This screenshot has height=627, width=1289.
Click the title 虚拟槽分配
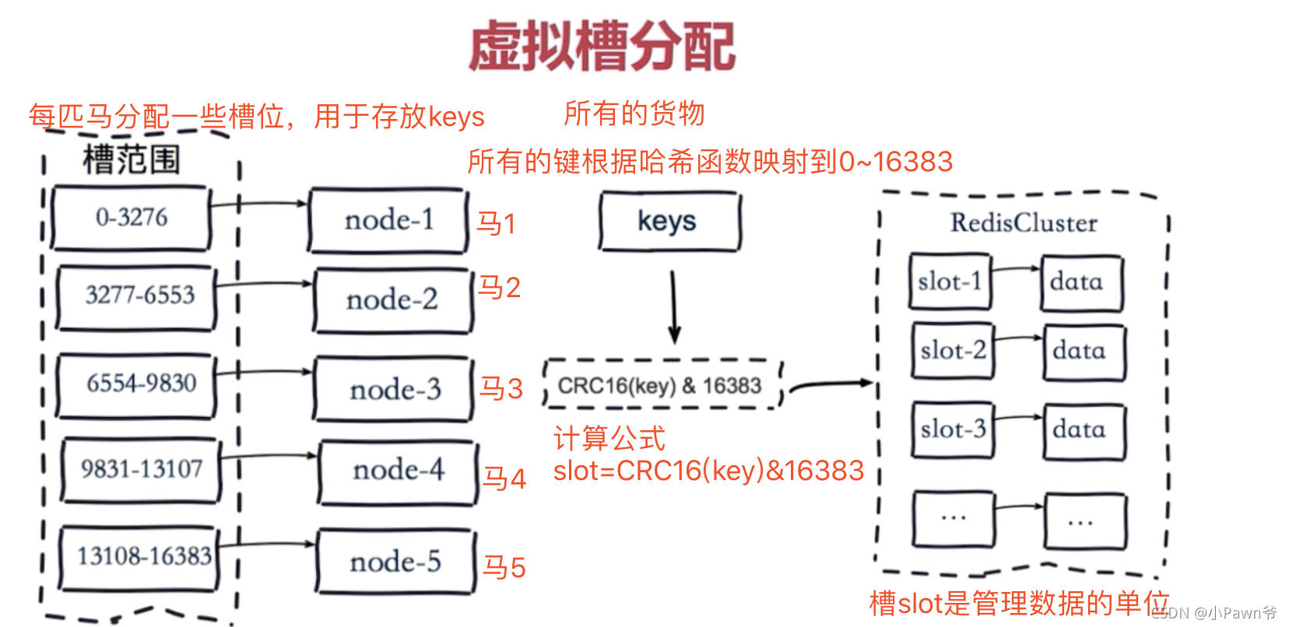point(601,46)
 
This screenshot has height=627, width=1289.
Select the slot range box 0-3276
point(131,218)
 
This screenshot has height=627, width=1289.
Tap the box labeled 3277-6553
point(137,296)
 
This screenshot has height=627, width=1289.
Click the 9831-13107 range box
point(141,470)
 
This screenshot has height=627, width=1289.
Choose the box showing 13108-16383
point(141,557)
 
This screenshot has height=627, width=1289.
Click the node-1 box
point(388,220)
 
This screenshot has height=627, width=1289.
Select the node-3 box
point(394,389)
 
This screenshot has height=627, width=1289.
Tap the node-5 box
point(395,561)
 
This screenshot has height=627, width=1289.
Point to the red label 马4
point(504,478)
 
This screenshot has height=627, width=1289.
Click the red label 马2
point(499,288)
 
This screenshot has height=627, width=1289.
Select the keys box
point(669,222)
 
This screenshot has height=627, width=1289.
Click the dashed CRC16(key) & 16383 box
point(662,385)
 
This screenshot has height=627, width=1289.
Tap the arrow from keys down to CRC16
point(674,307)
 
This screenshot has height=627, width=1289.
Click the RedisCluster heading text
point(1023,223)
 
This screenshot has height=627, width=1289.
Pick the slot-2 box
point(952,351)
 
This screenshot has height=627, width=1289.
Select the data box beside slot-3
point(1083,430)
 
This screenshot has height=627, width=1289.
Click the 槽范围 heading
point(131,159)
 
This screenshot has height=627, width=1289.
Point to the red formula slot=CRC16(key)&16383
point(708,471)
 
